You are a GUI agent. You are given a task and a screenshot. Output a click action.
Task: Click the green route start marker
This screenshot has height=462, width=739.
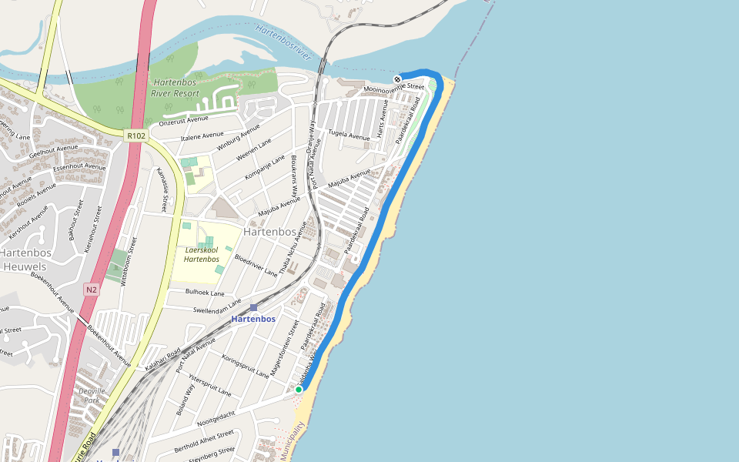pos(299,390)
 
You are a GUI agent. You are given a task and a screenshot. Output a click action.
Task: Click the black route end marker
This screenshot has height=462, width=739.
pos(397,79)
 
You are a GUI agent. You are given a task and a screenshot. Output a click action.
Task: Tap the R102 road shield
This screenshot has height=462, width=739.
pos(136,136)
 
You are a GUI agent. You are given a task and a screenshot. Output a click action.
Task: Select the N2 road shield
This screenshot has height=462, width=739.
pos(92,290)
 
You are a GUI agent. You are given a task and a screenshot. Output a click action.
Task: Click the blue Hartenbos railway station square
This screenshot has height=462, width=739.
pos(253,307)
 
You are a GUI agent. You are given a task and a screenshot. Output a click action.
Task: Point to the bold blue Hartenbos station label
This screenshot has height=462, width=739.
pos(253,319)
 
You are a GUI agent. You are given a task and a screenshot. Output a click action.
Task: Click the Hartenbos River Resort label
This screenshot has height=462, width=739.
pos(176,87)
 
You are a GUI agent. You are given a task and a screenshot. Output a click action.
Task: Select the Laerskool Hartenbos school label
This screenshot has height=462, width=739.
pos(202,254)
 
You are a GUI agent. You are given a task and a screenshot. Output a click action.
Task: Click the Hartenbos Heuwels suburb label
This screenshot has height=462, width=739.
pos(25,259)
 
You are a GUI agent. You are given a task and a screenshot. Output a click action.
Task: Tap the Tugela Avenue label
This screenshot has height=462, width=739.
pos(349,134)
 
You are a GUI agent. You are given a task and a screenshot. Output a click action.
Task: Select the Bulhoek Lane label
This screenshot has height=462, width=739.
pos(205,293)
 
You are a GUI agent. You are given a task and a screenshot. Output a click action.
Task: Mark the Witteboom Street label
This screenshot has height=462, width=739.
pos(128,262)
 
